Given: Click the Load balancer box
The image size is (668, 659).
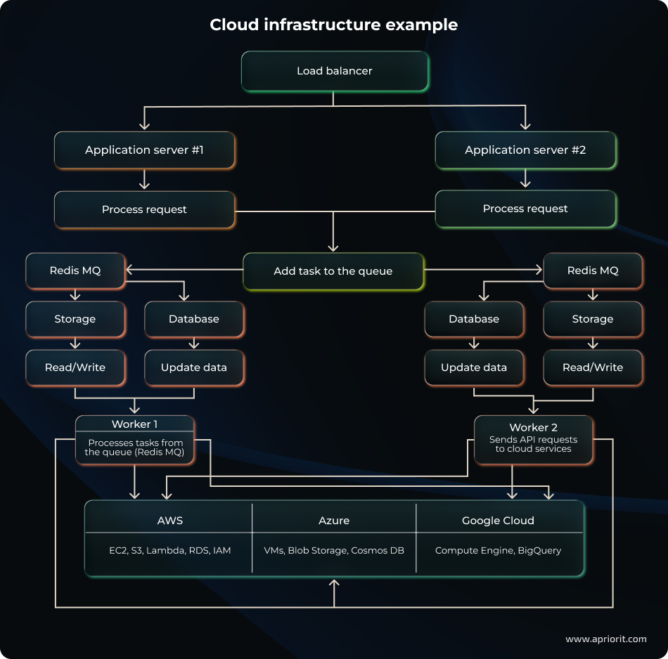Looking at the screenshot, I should [335, 71].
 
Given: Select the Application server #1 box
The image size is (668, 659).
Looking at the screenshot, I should [144, 150].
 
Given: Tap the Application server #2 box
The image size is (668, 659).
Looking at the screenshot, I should [525, 150].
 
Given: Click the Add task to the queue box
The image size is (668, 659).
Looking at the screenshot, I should [333, 271].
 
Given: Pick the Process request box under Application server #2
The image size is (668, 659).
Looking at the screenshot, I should [525, 209].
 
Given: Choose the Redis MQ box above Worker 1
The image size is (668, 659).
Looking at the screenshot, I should [75, 270].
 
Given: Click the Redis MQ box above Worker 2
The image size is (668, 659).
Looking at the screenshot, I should [593, 270].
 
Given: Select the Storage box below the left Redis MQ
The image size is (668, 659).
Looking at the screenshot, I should [75, 319].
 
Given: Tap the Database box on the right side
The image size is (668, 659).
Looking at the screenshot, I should [474, 319].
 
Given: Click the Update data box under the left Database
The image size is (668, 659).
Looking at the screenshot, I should [194, 367].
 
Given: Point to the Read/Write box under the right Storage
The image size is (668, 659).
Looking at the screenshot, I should [593, 367].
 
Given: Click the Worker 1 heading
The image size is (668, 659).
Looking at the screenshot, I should [134, 424].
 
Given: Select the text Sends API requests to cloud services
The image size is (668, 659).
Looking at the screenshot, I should [533, 444].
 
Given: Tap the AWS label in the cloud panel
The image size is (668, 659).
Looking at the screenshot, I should [170, 521].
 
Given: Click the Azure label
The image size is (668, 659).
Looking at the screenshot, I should [334, 521].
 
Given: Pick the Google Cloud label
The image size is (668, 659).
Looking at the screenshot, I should [498, 521].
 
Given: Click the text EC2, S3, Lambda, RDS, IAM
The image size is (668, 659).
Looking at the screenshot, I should [169, 550].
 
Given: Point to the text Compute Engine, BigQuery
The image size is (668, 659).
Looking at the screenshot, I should [498, 550].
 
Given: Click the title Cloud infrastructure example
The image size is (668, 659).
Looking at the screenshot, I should [333, 25].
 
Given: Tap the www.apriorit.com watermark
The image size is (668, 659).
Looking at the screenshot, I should [605, 639].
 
